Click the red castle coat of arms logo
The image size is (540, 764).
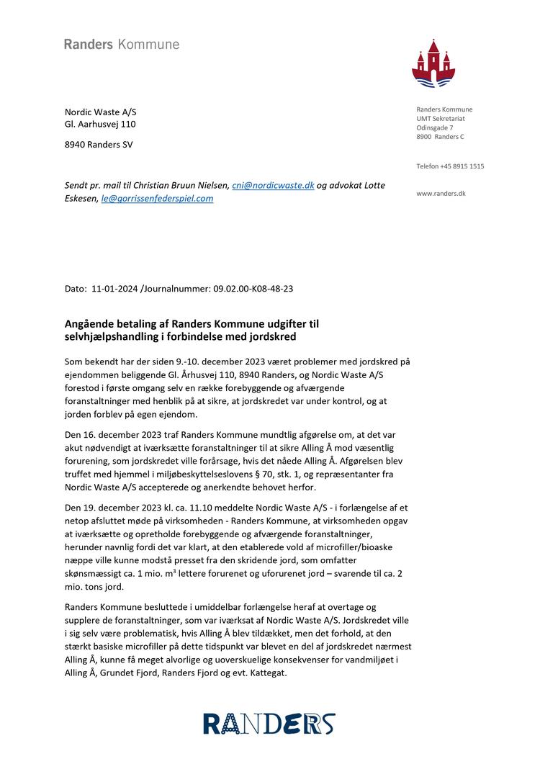[434, 65]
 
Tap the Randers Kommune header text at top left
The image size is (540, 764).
[122, 45]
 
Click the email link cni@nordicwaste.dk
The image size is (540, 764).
[273, 185]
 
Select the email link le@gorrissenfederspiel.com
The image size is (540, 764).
[157, 198]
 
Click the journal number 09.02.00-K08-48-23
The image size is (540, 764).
[253, 289]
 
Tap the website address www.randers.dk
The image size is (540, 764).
[441, 194]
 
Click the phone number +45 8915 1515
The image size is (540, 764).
[462, 166]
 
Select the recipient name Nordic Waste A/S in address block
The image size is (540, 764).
[101, 112]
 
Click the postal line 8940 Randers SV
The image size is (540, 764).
[99, 144]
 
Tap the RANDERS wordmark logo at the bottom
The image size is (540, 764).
[269, 723]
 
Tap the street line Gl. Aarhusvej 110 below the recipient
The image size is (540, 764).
[101, 124]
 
